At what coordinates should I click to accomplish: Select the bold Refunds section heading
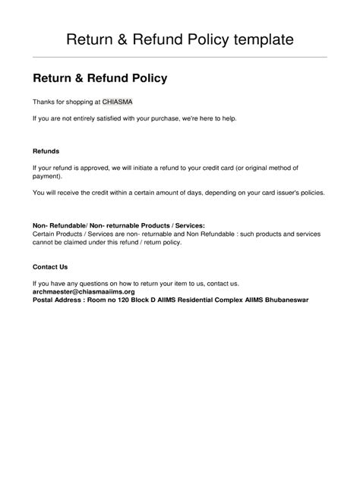46,151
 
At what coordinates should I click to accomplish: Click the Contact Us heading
51,267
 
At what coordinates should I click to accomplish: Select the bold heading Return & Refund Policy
99,78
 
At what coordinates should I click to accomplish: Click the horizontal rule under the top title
180,57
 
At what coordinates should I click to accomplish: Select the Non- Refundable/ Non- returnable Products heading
118,225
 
